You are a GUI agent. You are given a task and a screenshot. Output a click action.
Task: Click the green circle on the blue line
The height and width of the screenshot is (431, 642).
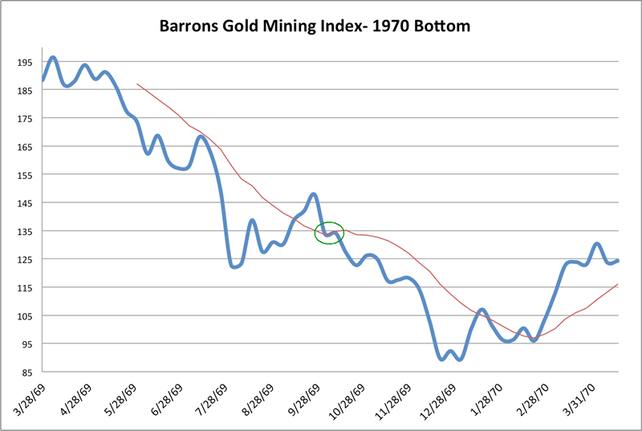329,233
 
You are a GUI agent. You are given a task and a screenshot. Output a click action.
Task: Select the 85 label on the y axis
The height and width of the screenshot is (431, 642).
26,372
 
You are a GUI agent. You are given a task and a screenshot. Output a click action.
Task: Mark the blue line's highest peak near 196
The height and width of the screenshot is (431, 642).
53,58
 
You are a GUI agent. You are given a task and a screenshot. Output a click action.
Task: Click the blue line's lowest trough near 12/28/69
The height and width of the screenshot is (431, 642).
441,359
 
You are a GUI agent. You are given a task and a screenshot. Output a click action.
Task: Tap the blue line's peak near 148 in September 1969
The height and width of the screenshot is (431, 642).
314,193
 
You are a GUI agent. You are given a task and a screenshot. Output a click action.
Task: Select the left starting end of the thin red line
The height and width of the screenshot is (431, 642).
137,83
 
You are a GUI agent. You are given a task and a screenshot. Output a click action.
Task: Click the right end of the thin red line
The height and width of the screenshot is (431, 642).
618,284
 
